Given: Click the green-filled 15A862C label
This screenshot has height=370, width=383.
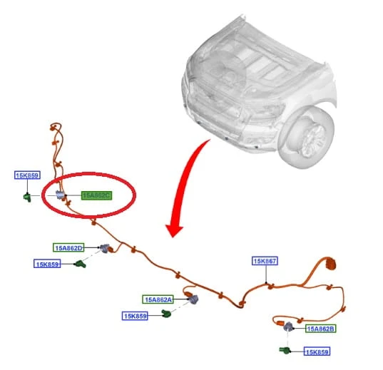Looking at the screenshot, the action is [96, 195].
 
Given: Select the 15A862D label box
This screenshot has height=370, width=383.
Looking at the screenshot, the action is [68, 247].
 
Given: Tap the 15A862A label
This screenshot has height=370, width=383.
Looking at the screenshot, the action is [158, 299].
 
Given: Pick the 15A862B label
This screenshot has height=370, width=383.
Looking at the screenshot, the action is [320, 329].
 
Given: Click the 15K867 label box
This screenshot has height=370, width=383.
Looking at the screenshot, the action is [265, 261].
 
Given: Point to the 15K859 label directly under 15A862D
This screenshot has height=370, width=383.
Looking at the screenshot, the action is [47, 264].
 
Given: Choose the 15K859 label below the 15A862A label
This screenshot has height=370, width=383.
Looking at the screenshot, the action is [135, 316].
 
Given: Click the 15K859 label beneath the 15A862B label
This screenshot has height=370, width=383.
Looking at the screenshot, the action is [317, 351].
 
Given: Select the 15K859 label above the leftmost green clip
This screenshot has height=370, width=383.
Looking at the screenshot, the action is [27, 175].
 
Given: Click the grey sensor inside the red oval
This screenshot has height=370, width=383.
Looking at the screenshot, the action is [60, 195].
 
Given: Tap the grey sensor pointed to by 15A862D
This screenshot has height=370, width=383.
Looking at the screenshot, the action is [105, 248].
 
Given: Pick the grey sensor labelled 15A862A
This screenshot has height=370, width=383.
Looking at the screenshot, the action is [193, 299].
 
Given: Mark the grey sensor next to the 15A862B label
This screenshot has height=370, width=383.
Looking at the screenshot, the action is [288, 327].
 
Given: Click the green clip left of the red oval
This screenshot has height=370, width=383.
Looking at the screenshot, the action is [27, 197].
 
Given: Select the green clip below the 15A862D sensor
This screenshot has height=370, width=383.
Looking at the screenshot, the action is [81, 264].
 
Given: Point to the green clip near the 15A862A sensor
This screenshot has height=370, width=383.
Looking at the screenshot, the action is [166, 313].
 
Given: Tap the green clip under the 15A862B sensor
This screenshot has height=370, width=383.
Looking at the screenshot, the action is [285, 350].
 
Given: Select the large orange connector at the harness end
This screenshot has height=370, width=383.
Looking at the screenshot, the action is [330, 264].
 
